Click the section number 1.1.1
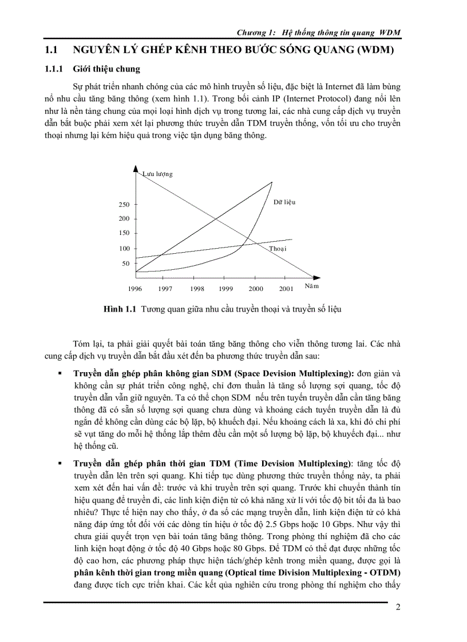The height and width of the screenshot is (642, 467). (x=54, y=70)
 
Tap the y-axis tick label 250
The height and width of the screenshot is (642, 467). (x=124, y=205)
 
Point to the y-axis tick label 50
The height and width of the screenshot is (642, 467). (x=126, y=264)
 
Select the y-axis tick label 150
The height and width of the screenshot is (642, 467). (x=124, y=233)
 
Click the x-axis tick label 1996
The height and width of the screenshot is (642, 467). (x=135, y=289)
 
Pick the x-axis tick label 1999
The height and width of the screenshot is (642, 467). (x=226, y=289)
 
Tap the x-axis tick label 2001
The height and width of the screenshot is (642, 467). (x=286, y=289)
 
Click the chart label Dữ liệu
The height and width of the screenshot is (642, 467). (x=284, y=202)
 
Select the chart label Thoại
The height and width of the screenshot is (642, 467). (x=278, y=249)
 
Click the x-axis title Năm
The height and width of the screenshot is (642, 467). (x=311, y=285)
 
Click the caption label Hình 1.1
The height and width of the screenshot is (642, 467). (x=119, y=309)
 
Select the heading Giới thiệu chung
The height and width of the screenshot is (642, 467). (x=106, y=70)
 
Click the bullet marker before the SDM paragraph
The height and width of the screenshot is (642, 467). (x=60, y=373)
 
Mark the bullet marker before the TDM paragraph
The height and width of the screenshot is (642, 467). (x=60, y=463)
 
